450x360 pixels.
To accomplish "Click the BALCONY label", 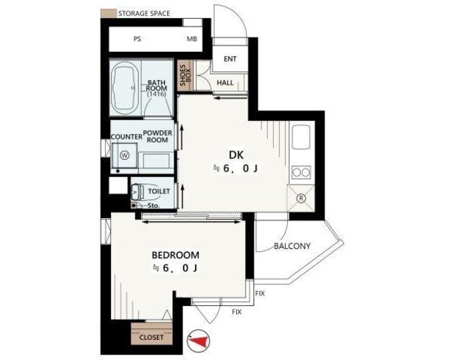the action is point(292,246).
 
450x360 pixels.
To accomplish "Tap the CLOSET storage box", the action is point(151,333).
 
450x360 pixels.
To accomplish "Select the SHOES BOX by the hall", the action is point(185,76).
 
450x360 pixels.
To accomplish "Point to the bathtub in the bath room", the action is point(125,89).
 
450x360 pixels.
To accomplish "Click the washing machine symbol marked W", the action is point(125,156).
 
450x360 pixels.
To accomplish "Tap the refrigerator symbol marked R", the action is point(301,198).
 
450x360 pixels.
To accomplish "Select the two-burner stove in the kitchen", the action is point(301,173).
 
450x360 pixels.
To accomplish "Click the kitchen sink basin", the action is point(301,138).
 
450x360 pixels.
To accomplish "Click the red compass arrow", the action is point(199,341).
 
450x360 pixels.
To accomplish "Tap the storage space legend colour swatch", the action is point(109,13).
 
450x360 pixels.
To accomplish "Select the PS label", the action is point(138,39).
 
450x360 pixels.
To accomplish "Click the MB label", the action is point(192,39).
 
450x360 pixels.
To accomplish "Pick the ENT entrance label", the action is point(230,59).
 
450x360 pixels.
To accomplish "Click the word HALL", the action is point(225,83).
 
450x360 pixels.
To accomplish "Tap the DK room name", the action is point(236,155).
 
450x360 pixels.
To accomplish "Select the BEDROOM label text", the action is point(176,255).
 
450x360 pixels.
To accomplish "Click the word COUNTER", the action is point(127,137).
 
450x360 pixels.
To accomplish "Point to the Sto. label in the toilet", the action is point(154,205).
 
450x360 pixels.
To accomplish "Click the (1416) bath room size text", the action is point(156,94).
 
